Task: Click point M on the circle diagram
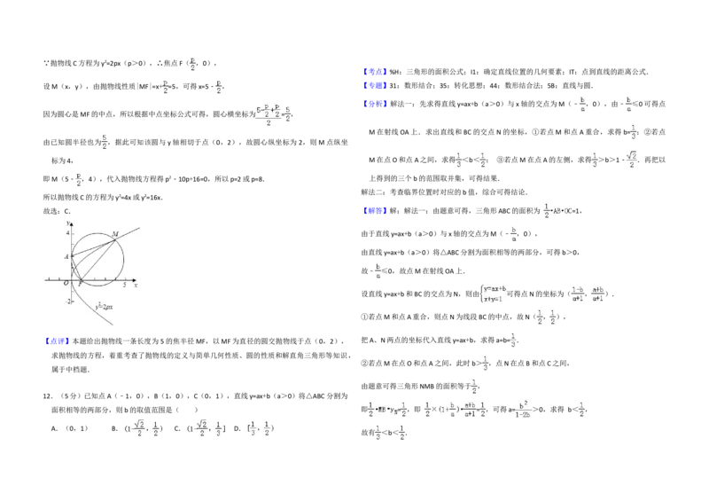(x=115, y=234)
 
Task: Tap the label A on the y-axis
(x=66, y=256)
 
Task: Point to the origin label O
(x=66, y=283)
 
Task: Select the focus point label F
(x=80, y=283)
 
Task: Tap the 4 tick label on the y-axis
(x=66, y=232)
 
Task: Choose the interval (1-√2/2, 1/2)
(x=145, y=429)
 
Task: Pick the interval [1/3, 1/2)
(x=259, y=429)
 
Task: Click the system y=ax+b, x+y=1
(x=494, y=294)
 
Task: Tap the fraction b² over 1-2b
(x=525, y=411)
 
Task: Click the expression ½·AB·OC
(x=557, y=210)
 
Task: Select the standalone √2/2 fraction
(x=631, y=160)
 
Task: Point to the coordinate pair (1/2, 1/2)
(x=546, y=317)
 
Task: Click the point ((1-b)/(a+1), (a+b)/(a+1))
(x=588, y=294)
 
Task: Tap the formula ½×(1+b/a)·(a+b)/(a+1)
(x=454, y=408)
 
